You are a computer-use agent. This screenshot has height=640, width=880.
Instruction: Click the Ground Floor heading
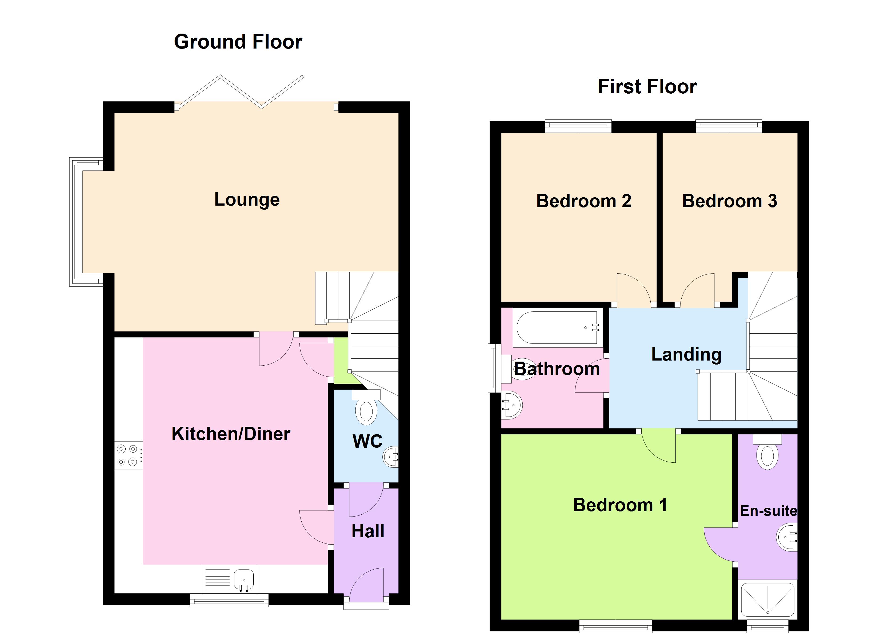pos(238,42)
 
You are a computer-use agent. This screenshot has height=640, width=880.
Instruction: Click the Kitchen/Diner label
pos(231,434)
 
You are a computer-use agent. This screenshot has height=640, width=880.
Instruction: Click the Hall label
pos(368,531)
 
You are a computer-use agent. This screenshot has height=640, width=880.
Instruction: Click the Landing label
pos(686,354)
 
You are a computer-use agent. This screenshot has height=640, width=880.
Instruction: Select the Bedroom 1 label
pos(620,505)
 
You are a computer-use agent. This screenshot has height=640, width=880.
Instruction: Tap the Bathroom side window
pos(494,368)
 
